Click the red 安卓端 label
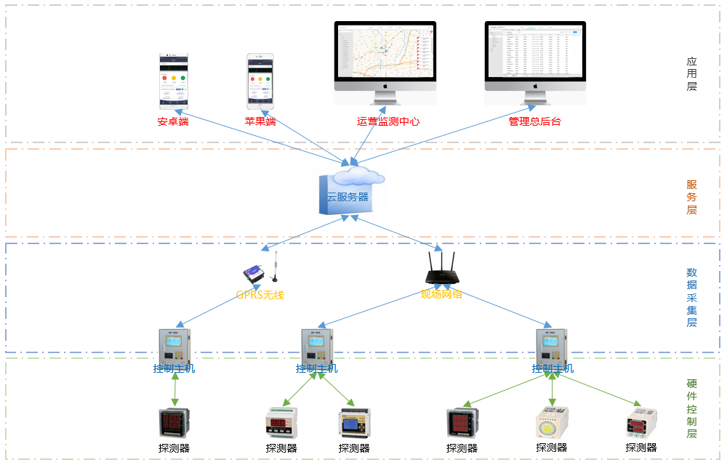pos(173,121)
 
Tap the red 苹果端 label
pos(260,121)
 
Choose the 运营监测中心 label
pos(388,121)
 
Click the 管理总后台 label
pos(534,121)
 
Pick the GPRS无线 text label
pos(260,295)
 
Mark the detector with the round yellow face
pos(552,424)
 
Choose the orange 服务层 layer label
pos(691,197)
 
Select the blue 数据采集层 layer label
pos(691,297)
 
